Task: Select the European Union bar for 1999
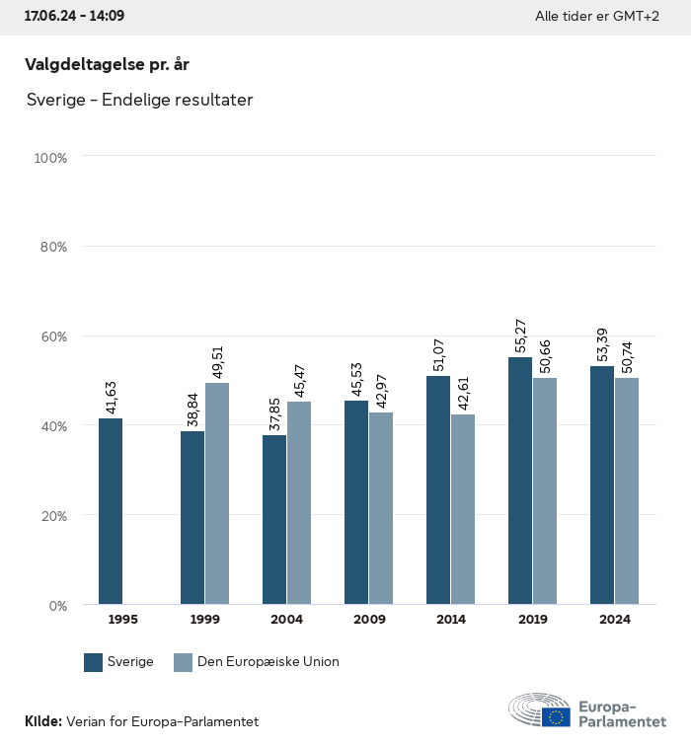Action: click(x=217, y=493)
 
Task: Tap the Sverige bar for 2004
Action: click(x=274, y=520)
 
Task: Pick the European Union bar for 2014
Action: click(x=463, y=509)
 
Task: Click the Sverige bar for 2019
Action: click(x=520, y=481)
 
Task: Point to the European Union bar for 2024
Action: click(x=627, y=490)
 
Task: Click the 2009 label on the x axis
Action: click(x=369, y=620)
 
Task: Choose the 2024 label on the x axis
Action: click(x=615, y=620)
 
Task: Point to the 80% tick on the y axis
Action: click(x=53, y=247)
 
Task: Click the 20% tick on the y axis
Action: click(x=53, y=516)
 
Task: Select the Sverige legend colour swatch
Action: click(x=94, y=662)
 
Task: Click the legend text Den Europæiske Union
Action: click(x=269, y=662)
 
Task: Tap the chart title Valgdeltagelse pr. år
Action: click(x=107, y=64)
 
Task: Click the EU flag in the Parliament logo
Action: click(x=556, y=717)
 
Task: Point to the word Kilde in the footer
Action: click(x=42, y=722)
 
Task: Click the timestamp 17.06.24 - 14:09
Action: click(x=74, y=17)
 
